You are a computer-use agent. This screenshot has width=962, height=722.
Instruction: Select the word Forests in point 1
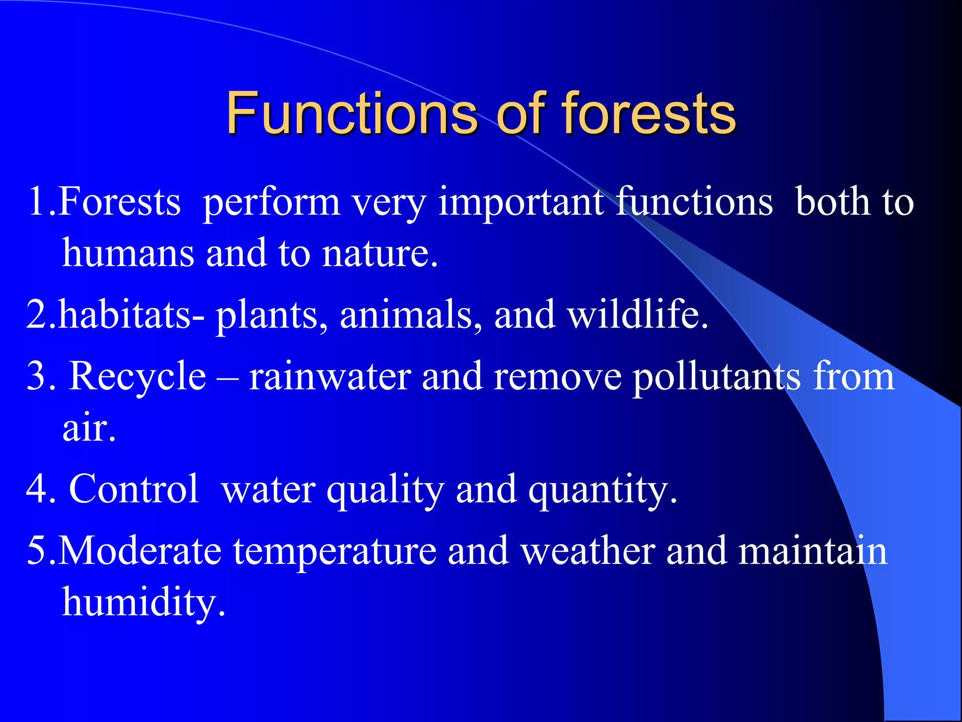tap(120, 202)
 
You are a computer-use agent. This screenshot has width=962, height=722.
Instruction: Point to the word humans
tap(128, 254)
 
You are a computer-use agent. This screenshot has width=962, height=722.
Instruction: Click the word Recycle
tap(138, 377)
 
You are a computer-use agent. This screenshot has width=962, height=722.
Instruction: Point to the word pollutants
tap(717, 377)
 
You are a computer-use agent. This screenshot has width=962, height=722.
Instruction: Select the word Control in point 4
tap(134, 489)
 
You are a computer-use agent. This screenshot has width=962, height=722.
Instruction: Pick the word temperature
tap(335, 551)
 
